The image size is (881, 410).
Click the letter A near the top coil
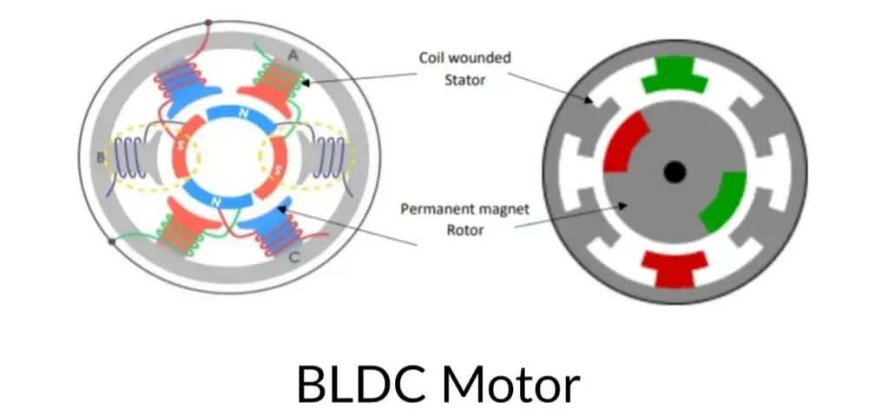tap(293, 55)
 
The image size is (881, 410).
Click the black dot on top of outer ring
tap(207, 23)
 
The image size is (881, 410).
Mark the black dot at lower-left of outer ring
tap(111, 242)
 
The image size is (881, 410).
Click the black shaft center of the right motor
tap(674, 172)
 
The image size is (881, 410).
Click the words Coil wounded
tap(464, 58)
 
